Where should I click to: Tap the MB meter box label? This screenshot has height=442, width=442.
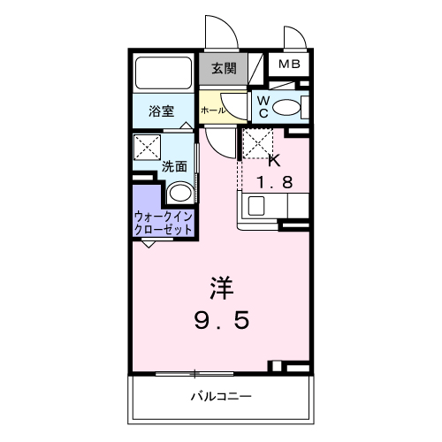coord(289,65)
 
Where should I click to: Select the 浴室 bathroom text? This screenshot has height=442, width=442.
coord(160,112)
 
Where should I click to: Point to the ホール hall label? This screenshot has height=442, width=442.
coord(212,110)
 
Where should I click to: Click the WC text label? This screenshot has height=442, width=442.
coord(263,107)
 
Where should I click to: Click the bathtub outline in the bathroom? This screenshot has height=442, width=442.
coord(164,72)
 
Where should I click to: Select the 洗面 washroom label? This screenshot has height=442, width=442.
coord(174,166)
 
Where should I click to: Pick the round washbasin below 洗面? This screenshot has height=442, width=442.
coord(179,194)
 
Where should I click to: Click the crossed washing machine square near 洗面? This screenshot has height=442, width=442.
coord(147,147)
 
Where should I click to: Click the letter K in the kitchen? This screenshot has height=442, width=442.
coord(274,161)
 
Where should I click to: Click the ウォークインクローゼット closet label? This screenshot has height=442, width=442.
coord(164,222)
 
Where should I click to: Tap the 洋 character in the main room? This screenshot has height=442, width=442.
coord(222,289)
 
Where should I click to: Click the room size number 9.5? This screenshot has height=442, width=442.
coord(222,320)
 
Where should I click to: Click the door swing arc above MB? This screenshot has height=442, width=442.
coord(293,37)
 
